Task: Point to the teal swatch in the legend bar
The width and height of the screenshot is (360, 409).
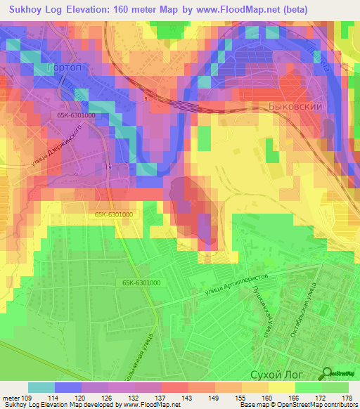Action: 41,387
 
